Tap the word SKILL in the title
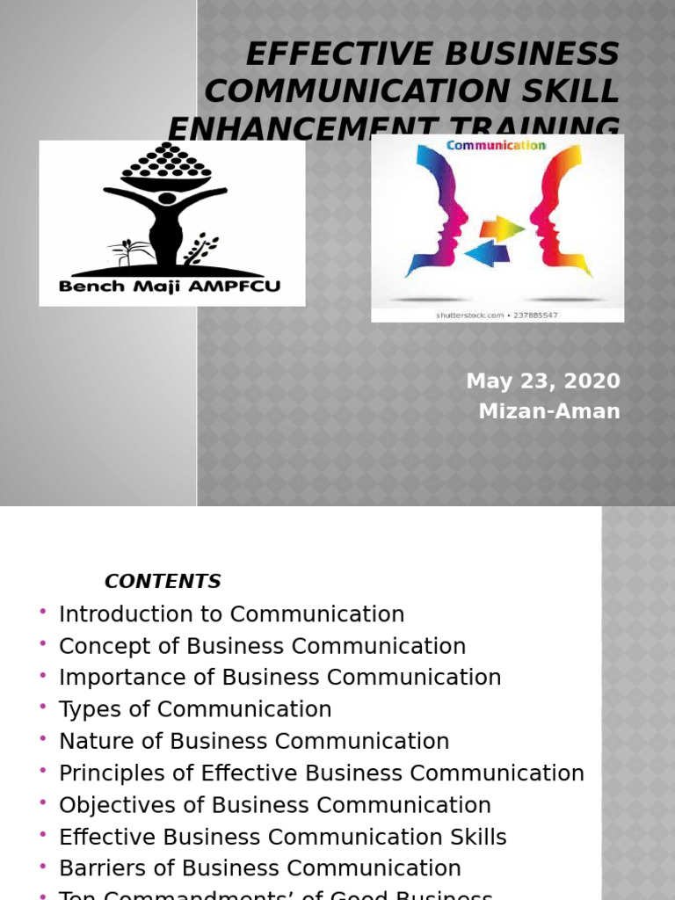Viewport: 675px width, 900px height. [x=572, y=90]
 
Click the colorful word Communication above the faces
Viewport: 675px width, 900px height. [x=497, y=146]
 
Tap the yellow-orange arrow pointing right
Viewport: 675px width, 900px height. [x=500, y=229]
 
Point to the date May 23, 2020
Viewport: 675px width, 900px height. [x=543, y=381]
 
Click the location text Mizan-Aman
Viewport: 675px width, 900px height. [x=549, y=411]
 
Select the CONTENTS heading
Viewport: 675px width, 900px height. [x=163, y=581]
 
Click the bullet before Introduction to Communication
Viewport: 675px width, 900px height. [x=42, y=612]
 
